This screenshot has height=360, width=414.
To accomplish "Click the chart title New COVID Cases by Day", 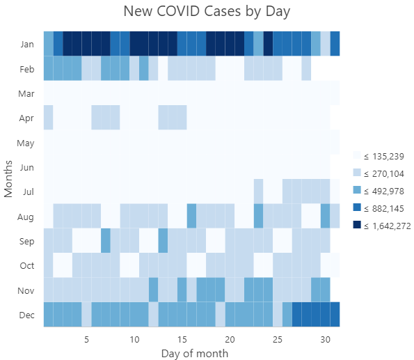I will (x=207, y=12).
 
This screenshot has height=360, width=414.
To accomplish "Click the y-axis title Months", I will (x=9, y=178).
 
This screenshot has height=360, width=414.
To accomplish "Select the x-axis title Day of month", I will (x=194, y=353).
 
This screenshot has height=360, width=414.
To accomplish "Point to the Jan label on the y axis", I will (x=27, y=43).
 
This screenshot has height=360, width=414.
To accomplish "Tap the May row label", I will (x=27, y=142).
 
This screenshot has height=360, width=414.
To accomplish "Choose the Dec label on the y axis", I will (x=27, y=315).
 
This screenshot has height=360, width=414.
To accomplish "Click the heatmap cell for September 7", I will (x=106, y=241).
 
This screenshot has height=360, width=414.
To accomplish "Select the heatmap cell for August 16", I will (x=191, y=216).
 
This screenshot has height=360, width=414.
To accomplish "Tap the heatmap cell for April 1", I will (x=49, y=117).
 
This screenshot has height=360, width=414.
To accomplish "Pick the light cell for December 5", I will (x=87, y=315).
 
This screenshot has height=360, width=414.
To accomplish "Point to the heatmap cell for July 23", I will (x=258, y=191).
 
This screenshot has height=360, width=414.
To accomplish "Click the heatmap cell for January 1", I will (x=49, y=43).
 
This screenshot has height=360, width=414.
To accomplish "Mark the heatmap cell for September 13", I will (x=163, y=241).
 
